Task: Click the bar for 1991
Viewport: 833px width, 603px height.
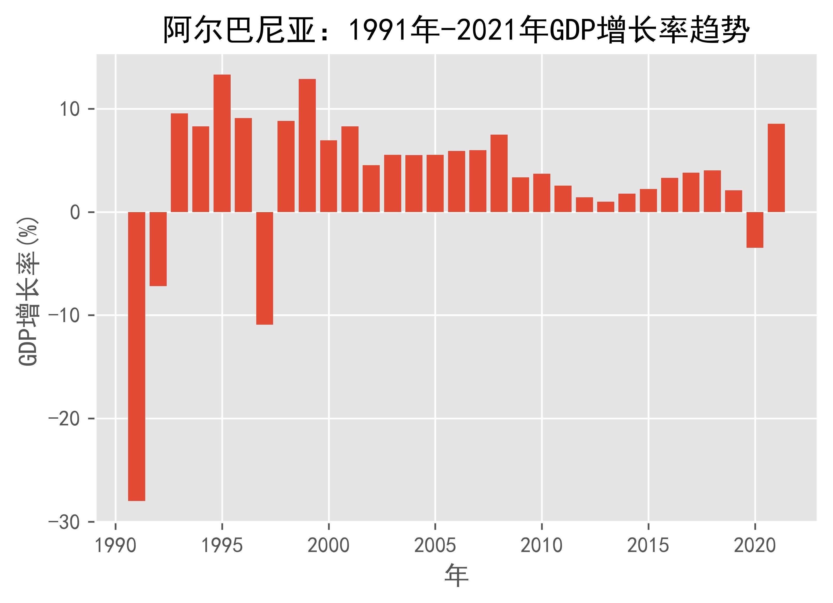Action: point(137,357)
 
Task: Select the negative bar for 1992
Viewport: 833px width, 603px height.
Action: point(158,249)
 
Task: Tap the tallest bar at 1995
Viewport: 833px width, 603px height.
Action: point(222,143)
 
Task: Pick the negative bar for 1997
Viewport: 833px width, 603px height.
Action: point(265,268)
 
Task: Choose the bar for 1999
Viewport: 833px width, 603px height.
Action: point(307,146)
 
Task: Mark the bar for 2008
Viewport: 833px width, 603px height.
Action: point(499,173)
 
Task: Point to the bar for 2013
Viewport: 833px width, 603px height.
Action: point(605,207)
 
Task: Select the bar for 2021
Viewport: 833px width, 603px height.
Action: point(776,168)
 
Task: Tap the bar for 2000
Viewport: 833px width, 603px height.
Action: point(328,176)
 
